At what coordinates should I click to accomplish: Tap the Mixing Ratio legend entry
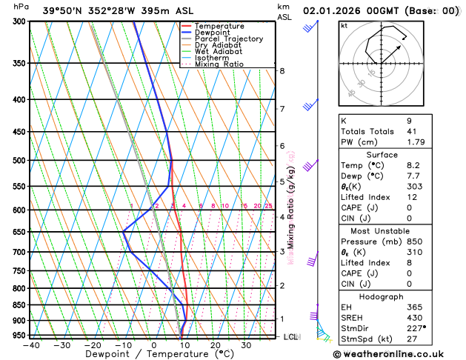point(219,64)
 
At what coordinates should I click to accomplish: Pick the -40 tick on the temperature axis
point(31,345)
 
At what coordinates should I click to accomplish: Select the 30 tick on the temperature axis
point(246,345)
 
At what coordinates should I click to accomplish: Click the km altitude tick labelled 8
point(282,70)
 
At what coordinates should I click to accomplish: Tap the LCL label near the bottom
point(291,337)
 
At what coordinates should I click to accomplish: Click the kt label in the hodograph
point(344,25)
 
